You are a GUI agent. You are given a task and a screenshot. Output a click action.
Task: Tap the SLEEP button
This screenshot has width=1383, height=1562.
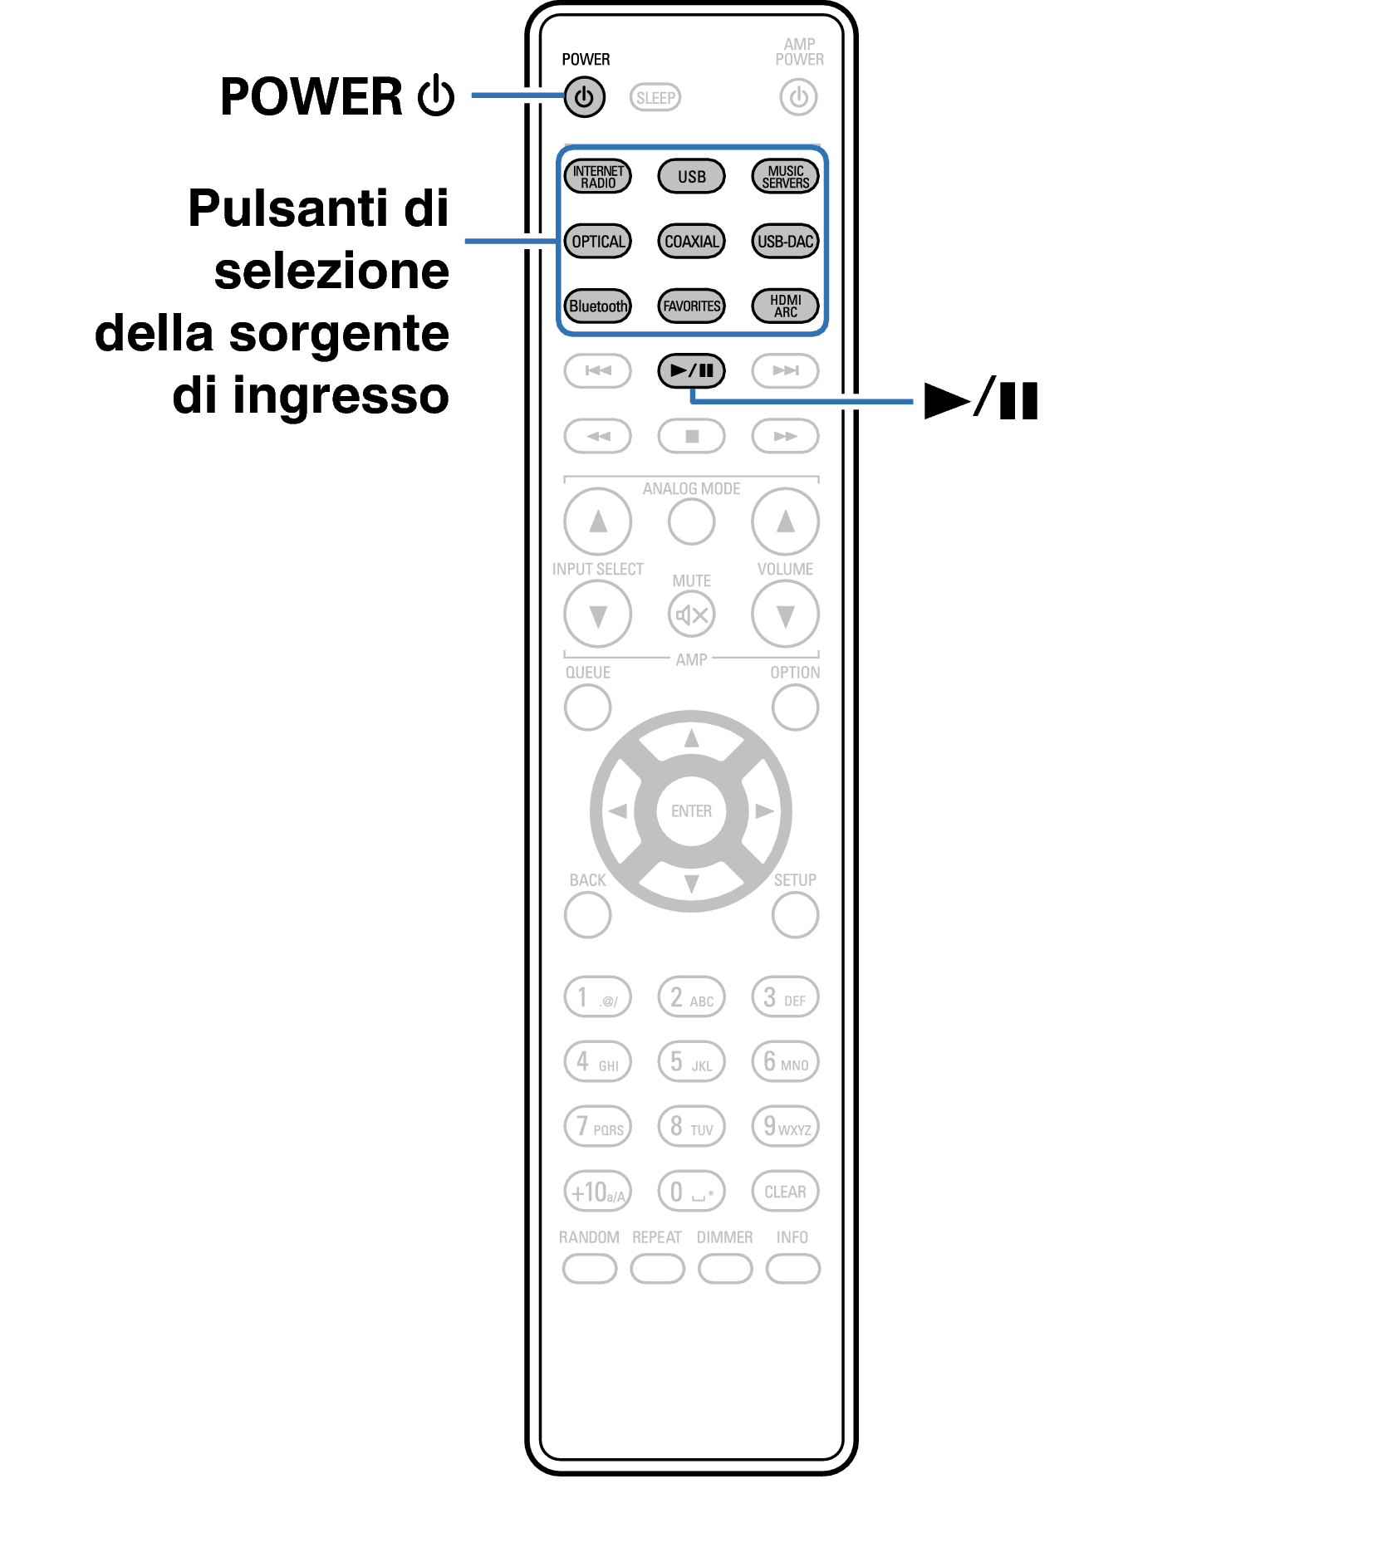coord(655,98)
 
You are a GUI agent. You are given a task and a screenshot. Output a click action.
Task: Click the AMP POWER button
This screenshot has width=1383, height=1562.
coord(798,98)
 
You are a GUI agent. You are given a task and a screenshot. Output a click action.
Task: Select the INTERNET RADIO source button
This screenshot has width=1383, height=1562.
coord(598,176)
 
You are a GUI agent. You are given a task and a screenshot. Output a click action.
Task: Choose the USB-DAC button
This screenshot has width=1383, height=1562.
coord(785,242)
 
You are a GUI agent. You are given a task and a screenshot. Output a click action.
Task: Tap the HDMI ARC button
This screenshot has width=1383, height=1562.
coord(785,306)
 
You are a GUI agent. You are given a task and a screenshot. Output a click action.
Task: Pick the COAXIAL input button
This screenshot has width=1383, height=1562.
coord(691,242)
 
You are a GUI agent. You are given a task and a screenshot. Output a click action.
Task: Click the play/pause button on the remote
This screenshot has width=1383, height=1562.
coord(691,370)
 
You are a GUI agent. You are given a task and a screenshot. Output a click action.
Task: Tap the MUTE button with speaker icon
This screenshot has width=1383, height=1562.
coord(691,615)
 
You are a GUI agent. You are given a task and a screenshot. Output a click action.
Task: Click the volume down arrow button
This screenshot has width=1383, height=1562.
coord(785,615)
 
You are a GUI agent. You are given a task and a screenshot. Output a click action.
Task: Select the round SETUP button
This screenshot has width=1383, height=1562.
coord(795,915)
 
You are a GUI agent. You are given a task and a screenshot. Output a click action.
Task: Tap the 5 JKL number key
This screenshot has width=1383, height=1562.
coord(691,1062)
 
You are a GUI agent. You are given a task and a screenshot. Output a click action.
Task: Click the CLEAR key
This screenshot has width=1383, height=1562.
coord(785,1192)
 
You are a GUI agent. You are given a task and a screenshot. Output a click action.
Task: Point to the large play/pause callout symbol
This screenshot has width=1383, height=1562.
coord(981,400)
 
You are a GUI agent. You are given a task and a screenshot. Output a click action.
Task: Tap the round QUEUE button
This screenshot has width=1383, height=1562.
coord(587,708)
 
